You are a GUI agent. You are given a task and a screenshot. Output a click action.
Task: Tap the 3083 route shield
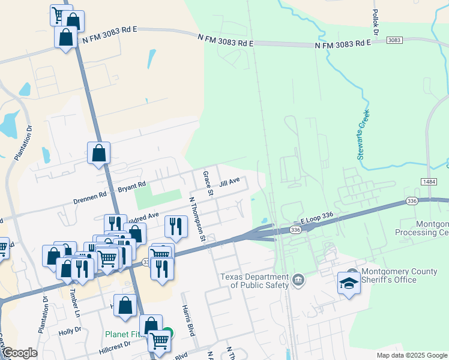click(x=394, y=40)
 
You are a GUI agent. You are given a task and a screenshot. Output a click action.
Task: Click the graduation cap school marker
click(x=349, y=282)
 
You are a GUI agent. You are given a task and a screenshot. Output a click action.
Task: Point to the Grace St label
click(x=208, y=184)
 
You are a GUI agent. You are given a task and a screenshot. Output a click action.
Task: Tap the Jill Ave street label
click(x=229, y=182)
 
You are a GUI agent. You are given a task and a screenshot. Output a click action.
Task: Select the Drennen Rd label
click(x=90, y=194)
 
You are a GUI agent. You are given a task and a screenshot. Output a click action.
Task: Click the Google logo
click(x=19, y=353)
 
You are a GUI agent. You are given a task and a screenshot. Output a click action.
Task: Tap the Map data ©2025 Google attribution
click(x=411, y=355)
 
